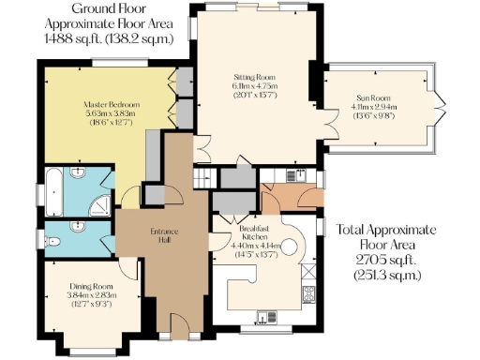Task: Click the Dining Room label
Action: (92, 288)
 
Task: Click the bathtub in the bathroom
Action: (56, 192)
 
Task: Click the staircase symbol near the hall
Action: (200, 176)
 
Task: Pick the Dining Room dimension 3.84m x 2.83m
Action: (92, 296)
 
